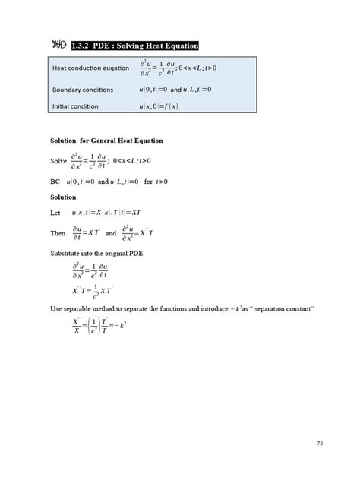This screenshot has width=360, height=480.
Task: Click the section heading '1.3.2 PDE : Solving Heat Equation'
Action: [x=134, y=46]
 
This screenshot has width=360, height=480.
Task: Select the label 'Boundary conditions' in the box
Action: [x=83, y=90]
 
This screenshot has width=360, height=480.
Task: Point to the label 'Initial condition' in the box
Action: [x=75, y=106]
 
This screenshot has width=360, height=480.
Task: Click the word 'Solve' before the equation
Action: [x=58, y=161]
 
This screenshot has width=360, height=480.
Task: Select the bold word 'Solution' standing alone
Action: [x=63, y=197]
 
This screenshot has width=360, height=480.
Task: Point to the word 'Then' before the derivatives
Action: [x=58, y=233]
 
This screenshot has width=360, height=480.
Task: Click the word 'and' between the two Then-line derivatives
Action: [x=111, y=233]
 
